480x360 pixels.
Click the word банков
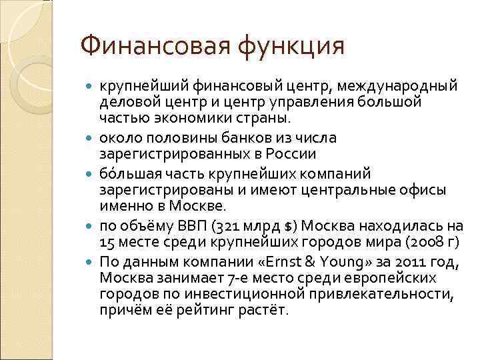pyautogui.click(x=253, y=138)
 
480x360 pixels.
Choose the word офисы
pyautogui.click(x=424, y=189)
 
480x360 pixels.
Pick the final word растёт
pyautogui.click(x=266, y=311)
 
